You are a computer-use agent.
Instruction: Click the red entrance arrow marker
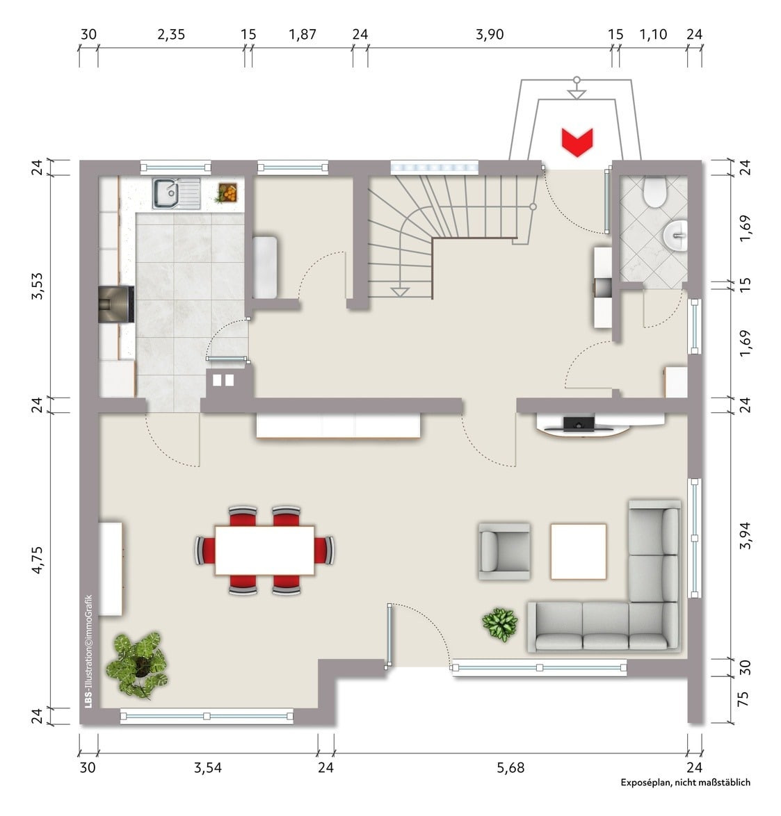(x=577, y=142)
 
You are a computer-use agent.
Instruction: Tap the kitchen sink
(x=176, y=194)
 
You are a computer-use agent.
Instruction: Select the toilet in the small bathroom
(x=654, y=193)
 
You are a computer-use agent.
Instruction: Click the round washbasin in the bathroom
(x=675, y=235)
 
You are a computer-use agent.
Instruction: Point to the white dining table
(x=264, y=550)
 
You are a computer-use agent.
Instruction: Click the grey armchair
(x=504, y=552)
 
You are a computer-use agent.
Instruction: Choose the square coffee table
(x=579, y=552)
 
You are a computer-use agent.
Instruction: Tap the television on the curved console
(x=579, y=424)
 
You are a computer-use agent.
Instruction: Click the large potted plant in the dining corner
(x=137, y=664)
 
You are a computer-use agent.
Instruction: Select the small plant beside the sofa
(x=500, y=624)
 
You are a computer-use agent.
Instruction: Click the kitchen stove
(x=117, y=304)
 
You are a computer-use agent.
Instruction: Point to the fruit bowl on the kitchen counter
(x=227, y=193)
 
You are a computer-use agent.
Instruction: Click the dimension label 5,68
(x=510, y=767)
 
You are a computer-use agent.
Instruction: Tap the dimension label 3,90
(x=490, y=34)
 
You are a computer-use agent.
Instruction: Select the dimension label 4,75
(x=38, y=560)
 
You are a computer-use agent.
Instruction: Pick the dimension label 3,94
(x=745, y=535)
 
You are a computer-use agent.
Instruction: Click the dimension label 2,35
(x=171, y=34)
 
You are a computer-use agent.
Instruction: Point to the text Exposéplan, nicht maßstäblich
(x=685, y=782)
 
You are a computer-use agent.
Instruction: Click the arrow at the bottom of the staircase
(x=399, y=292)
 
